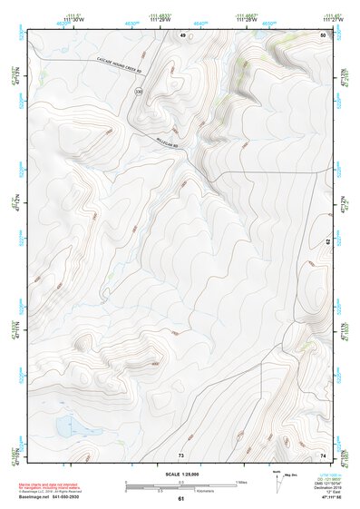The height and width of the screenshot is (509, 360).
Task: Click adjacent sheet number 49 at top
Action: pyautogui.click(x=182, y=34)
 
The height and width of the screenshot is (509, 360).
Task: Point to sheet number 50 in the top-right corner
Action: pyautogui.click(x=322, y=34)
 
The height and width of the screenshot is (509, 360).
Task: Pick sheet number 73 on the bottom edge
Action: pyautogui.click(x=181, y=454)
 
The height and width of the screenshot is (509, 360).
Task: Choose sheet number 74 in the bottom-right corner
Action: pyautogui.click(x=322, y=454)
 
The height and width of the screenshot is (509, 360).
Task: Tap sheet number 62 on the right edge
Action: pyautogui.click(x=328, y=242)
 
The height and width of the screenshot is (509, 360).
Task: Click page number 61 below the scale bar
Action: pyautogui.click(x=181, y=498)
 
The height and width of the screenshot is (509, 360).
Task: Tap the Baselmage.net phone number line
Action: pyautogui.click(x=54, y=496)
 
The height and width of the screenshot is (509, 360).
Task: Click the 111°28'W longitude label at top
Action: pyautogui.click(x=245, y=23)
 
